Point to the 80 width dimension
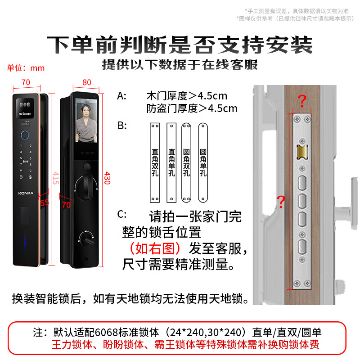point(87,82)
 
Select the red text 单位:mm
point(26,68)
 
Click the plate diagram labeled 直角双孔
point(155,162)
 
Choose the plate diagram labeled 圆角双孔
point(186,162)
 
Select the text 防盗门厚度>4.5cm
point(191,108)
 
